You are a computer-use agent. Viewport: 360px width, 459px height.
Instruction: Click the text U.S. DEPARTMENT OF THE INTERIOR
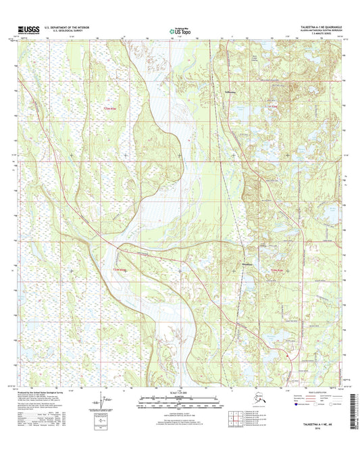point(71,27)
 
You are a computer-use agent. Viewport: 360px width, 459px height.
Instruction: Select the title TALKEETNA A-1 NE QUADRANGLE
point(310,27)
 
